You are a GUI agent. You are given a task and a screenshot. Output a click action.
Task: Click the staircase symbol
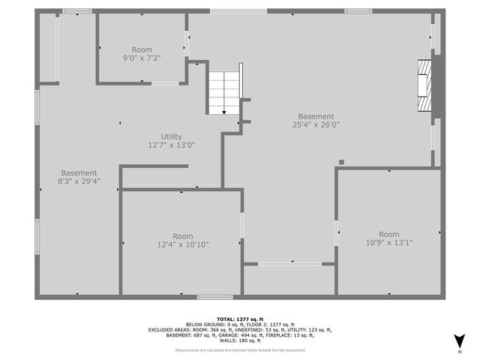[x=222, y=93]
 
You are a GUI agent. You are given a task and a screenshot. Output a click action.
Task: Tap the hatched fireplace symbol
[x=425, y=86]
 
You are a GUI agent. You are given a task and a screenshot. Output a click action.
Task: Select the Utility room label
[x=171, y=136]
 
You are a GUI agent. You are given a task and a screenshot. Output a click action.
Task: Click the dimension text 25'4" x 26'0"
[x=316, y=125]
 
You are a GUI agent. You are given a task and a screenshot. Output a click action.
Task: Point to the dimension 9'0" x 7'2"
[x=142, y=58]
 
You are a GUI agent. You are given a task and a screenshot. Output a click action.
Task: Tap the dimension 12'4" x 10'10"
[x=182, y=244]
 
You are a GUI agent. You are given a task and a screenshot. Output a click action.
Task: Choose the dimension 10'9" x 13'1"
[x=388, y=242]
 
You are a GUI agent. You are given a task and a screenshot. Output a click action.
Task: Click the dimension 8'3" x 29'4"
[x=79, y=181]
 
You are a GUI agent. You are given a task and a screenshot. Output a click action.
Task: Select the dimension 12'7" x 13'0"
[x=171, y=145]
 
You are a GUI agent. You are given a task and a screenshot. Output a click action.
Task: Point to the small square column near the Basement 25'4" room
[x=341, y=160]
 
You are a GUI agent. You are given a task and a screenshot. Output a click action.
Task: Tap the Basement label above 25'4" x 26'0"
[x=316, y=116]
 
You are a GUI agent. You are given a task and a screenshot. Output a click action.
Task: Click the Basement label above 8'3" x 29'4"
[x=79, y=172]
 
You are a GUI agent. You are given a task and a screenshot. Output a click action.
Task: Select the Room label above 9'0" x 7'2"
[x=142, y=49]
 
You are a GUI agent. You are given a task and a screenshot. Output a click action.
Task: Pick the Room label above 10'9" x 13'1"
[x=388, y=233]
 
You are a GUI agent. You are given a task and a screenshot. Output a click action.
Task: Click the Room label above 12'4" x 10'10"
[x=182, y=235]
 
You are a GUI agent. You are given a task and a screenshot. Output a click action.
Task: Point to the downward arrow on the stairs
[x=224, y=111]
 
